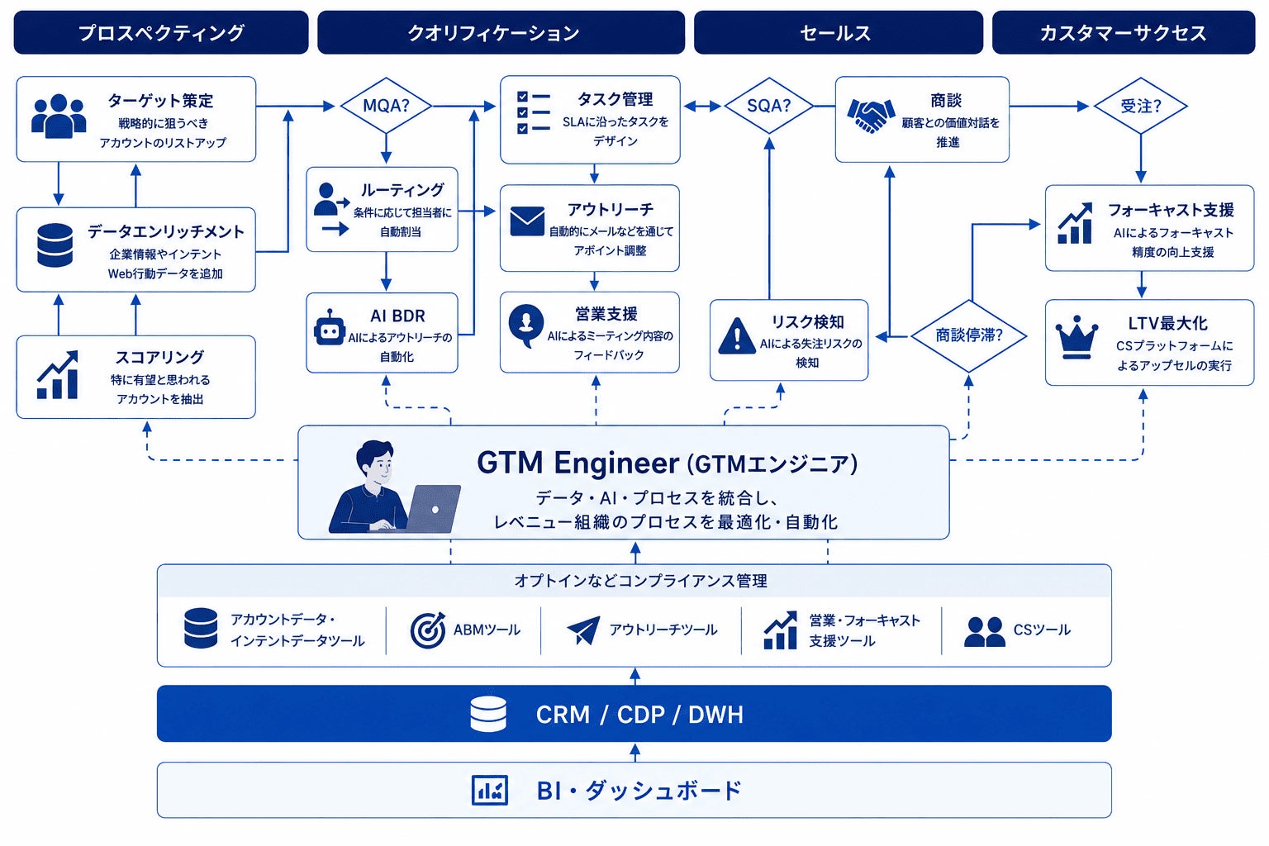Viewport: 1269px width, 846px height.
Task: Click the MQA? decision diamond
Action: click(386, 106)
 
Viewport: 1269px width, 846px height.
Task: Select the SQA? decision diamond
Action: click(769, 106)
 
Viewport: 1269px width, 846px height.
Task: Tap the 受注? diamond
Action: click(1140, 106)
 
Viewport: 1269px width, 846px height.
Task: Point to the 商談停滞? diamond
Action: click(969, 336)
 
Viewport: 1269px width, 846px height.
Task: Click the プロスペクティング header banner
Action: click(161, 32)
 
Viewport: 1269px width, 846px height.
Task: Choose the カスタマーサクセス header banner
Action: click(1124, 32)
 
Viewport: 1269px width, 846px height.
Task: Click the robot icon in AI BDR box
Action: click(330, 327)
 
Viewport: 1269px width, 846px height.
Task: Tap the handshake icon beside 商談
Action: click(871, 115)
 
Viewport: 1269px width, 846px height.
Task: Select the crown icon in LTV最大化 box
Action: click(1077, 337)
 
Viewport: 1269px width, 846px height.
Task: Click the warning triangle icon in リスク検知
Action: click(736, 336)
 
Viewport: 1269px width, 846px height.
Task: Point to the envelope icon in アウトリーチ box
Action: click(527, 221)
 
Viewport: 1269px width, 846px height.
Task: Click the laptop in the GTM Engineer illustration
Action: click(434, 508)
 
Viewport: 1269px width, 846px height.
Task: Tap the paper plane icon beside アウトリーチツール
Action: click(583, 630)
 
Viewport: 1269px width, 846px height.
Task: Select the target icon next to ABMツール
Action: click(428, 630)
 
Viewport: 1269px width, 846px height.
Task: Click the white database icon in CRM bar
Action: click(488, 714)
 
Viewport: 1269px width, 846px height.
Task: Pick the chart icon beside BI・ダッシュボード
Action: click(489, 790)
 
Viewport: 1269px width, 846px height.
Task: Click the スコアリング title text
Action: click(159, 357)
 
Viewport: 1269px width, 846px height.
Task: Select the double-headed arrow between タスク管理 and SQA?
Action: click(702, 106)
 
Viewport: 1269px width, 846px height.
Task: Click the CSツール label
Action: click(1042, 630)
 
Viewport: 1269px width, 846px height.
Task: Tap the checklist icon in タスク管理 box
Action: click(533, 112)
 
